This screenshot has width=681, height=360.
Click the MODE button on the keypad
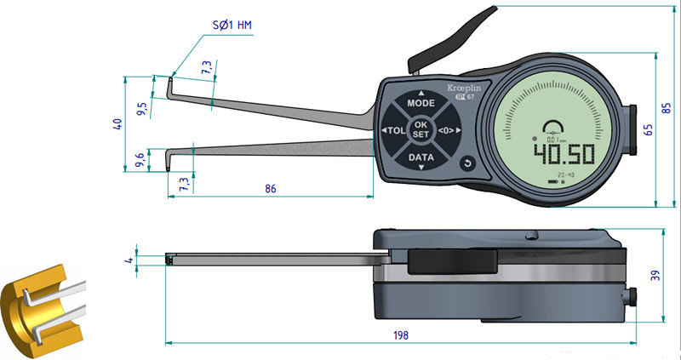(421, 102)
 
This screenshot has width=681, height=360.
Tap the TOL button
(393, 130)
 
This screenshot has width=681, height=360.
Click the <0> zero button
(447, 130)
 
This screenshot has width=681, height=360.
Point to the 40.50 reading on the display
(562, 154)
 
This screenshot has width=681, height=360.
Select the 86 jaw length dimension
(271, 188)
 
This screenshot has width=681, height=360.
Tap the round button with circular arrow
(466, 163)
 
